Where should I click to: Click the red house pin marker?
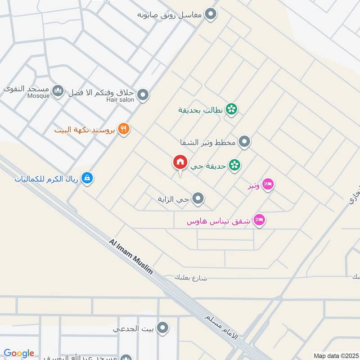click(180, 162)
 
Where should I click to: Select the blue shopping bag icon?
click(87, 178)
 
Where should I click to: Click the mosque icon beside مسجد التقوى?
click(58, 91)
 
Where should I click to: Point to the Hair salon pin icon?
click(143, 95)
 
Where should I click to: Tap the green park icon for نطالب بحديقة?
click(231, 109)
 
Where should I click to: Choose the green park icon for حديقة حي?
click(234, 166)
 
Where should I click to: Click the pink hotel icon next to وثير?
click(268, 185)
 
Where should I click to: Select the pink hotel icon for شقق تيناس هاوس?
click(260, 220)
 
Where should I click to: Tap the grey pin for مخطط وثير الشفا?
click(244, 142)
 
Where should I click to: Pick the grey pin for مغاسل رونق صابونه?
click(210, 15)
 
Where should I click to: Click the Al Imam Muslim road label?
click(131, 256)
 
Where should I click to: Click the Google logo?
click(19, 353)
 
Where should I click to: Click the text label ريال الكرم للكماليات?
click(46, 179)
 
